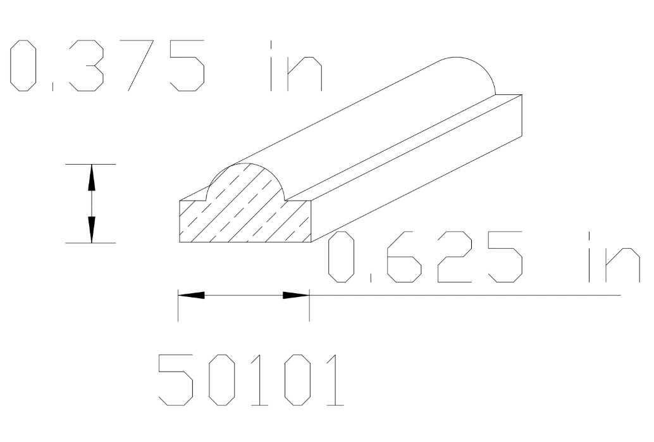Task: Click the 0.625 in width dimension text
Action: [484, 257]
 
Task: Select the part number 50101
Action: [250, 379]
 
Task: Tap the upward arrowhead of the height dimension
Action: [92, 177]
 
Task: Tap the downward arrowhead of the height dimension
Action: [92, 230]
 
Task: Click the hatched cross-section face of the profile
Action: [247, 212]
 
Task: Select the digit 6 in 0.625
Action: [402, 257]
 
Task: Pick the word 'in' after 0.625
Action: [614, 257]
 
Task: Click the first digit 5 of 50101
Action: [175, 379]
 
